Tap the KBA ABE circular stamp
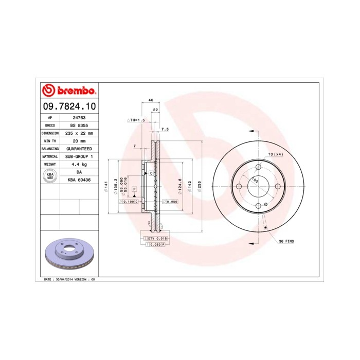pos(50,176)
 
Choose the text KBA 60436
pos(79,179)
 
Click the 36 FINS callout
pos(287,241)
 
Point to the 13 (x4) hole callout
pos(275,154)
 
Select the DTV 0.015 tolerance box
pos(155,239)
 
